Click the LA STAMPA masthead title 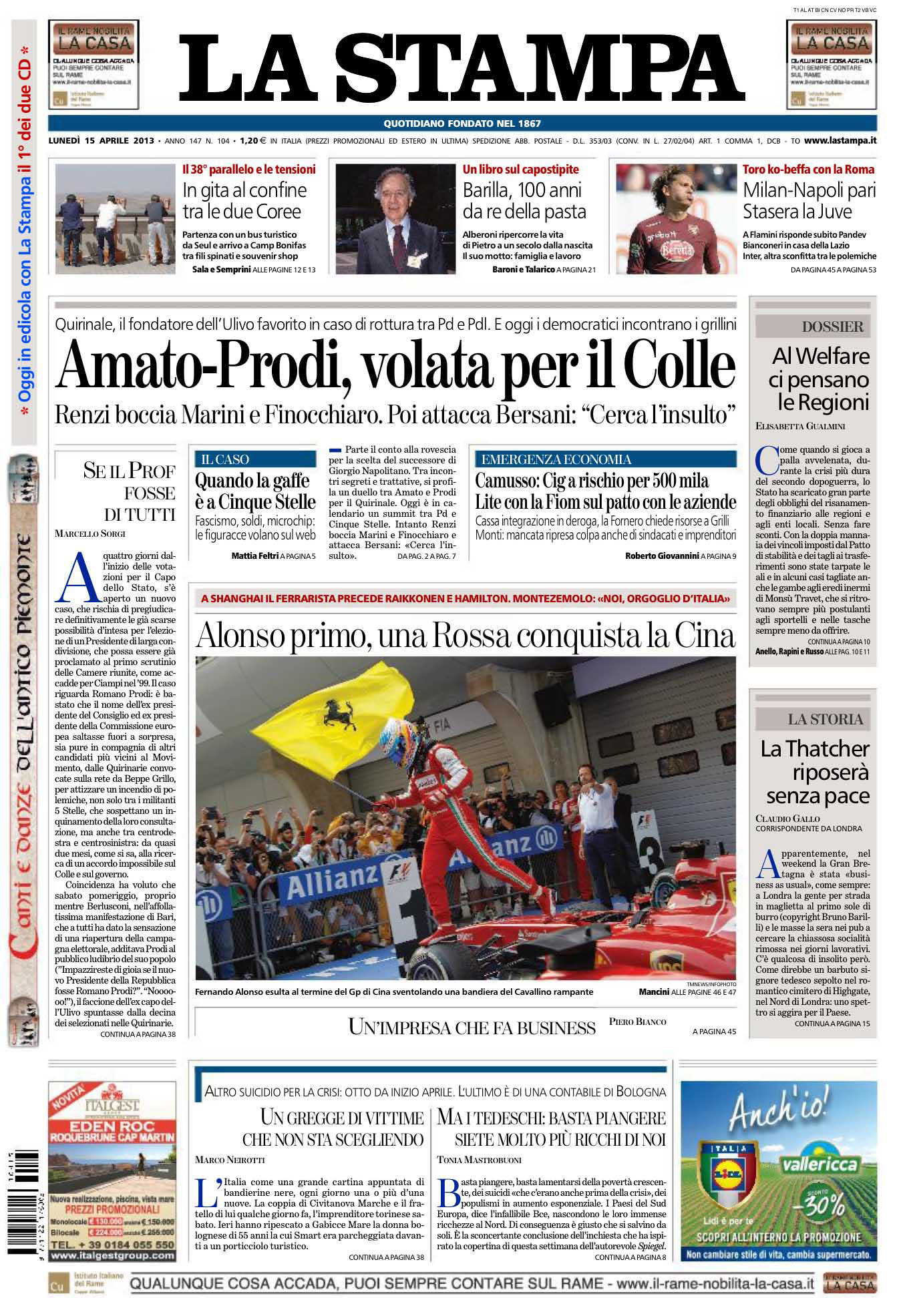click(x=462, y=69)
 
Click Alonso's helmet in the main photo click(x=399, y=744)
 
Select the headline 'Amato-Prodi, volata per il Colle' click(x=395, y=366)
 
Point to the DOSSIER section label click(x=832, y=327)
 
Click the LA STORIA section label click(x=825, y=719)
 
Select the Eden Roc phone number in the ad click(x=112, y=1245)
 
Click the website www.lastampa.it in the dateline click(x=840, y=141)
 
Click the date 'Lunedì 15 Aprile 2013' click(x=102, y=141)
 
